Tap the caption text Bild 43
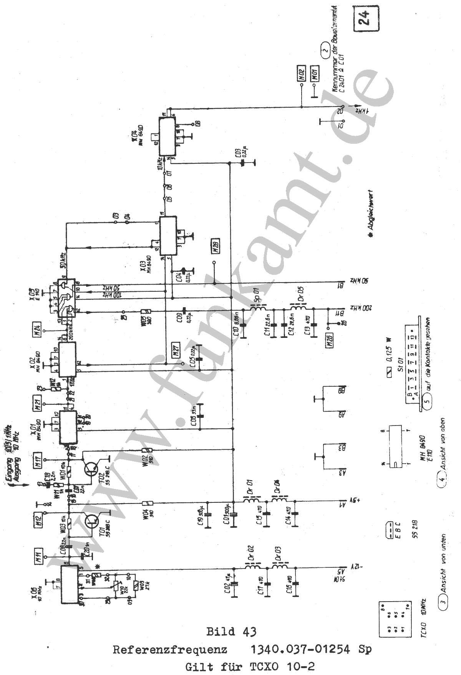[231, 632]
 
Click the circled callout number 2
[325, 50]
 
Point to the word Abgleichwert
[370, 210]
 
